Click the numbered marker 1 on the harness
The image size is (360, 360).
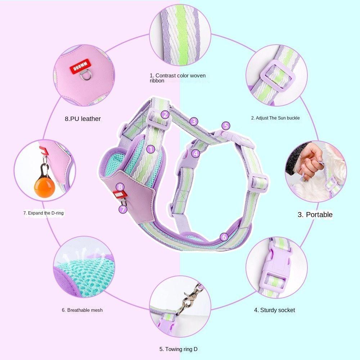click(x=150, y=149)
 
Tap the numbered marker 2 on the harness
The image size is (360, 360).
click(x=165, y=114)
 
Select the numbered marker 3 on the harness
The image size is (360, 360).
click(x=194, y=121)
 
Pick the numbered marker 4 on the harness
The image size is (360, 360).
click(x=195, y=153)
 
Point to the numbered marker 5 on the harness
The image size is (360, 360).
click(x=226, y=126)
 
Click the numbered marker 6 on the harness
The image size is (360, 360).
click(x=224, y=237)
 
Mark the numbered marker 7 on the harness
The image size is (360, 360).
click(x=123, y=209)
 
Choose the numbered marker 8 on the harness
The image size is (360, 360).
click(x=120, y=187)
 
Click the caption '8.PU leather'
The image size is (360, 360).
click(x=83, y=119)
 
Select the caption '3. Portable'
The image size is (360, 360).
click(x=315, y=215)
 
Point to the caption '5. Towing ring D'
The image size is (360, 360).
click(x=179, y=349)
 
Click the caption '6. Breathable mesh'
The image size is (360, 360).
click(x=82, y=310)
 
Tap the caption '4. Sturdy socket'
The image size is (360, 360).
click(x=274, y=310)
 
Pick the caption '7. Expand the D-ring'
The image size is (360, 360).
click(x=44, y=213)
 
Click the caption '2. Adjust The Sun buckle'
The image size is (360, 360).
click(x=275, y=118)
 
